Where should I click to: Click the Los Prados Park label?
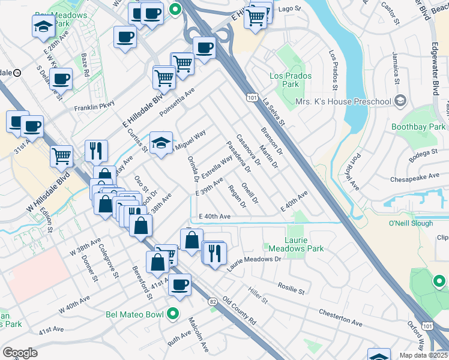tap(285, 80)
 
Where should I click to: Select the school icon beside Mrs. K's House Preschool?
tap(400, 101)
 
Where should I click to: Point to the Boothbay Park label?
tap(418, 127)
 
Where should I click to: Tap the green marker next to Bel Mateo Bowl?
tap(173, 313)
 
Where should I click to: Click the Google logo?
tap(20, 352)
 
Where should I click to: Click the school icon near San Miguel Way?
tap(160, 143)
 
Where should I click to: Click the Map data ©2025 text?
tap(423, 355)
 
